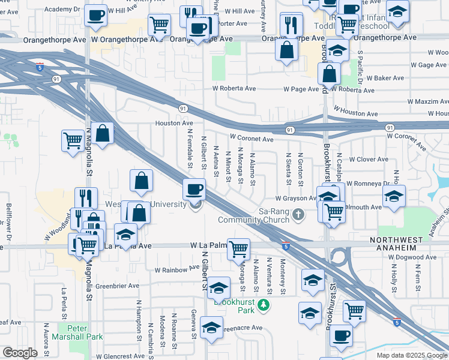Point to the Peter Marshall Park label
tap(77, 332)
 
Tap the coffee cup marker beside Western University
tap(194, 190)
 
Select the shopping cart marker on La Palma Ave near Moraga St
tap(239, 248)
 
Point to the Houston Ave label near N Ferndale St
tap(174, 123)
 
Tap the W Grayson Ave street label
tap(296, 198)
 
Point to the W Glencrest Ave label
tap(119, 356)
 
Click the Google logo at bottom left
tap(20, 353)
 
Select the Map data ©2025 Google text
tap(412, 355)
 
